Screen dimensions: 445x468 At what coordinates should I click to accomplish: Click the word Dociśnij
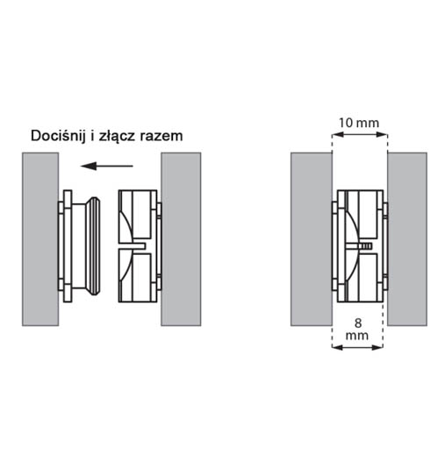[x=58, y=137]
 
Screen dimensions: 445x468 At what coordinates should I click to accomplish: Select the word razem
[x=161, y=137]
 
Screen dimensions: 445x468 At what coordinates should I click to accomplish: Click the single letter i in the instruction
[x=92, y=136]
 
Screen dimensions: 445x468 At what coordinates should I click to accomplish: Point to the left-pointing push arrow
[x=107, y=166]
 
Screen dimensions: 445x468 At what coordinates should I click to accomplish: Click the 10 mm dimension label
[x=359, y=123]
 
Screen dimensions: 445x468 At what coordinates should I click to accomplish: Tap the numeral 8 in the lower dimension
[x=357, y=323]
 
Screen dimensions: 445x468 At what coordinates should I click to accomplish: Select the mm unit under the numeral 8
[x=357, y=336]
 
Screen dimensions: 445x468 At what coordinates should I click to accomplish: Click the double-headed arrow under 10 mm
[x=360, y=135]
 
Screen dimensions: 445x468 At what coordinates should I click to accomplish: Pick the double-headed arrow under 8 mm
[x=357, y=347]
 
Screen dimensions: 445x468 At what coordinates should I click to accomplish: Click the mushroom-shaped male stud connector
[x=79, y=246]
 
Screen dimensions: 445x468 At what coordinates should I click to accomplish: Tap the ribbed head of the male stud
[x=94, y=246]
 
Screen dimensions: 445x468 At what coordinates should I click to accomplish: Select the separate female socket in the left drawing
[x=140, y=246]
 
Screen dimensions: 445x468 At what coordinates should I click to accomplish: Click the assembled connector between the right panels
[x=360, y=246]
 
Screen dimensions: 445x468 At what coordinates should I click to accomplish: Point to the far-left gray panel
[x=40, y=239]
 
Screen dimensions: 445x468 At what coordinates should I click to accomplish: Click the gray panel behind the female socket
[x=181, y=239]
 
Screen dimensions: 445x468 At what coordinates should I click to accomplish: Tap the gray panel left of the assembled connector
[x=312, y=239]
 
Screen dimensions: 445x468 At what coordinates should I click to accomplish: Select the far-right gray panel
[x=407, y=239]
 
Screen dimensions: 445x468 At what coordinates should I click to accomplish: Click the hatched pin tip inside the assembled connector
[x=367, y=246]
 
